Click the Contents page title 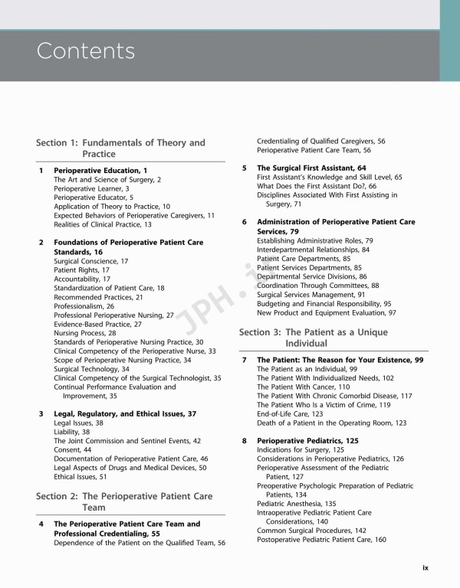click(86, 51)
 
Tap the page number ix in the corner click(426, 567)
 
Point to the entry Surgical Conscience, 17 click(90, 261)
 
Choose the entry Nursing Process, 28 click(85, 333)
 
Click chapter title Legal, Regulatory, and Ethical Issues click(125, 413)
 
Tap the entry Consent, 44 click(72, 450)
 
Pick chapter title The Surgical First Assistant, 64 click(311, 168)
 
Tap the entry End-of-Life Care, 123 click(294, 413)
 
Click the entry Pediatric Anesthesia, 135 click(296, 504)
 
